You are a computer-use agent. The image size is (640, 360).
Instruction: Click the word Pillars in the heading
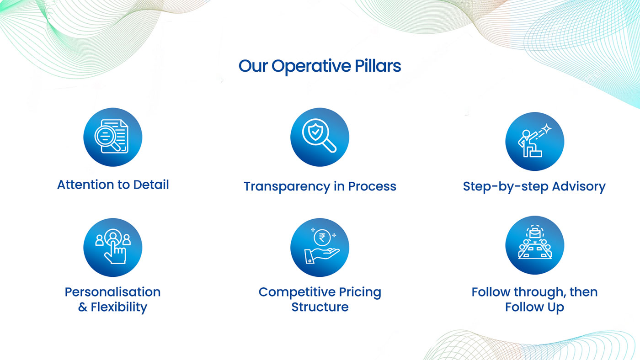click(x=378, y=66)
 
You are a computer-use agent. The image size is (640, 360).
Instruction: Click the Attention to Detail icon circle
click(x=113, y=137)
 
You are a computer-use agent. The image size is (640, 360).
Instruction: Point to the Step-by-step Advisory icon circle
click(x=534, y=141)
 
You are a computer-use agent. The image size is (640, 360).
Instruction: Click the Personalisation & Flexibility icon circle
click(x=113, y=247)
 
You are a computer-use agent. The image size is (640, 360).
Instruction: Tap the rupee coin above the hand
click(x=322, y=238)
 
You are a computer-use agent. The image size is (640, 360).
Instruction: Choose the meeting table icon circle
click(x=534, y=245)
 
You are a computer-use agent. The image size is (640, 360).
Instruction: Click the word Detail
click(x=151, y=185)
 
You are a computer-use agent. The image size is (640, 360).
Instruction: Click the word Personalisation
click(x=112, y=292)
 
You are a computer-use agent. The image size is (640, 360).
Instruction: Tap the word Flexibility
click(x=119, y=307)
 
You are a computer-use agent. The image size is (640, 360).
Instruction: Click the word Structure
click(x=320, y=307)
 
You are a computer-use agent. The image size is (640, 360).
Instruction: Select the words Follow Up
click(x=534, y=307)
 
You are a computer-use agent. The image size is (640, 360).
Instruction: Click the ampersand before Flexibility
click(x=83, y=307)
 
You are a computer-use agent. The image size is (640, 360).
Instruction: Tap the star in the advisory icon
click(x=547, y=128)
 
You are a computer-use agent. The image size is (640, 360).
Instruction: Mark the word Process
click(x=372, y=186)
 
